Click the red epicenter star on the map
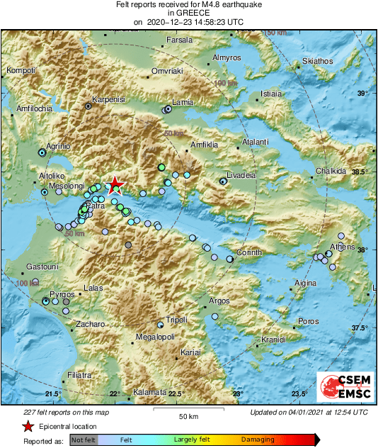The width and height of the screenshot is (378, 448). (114, 185)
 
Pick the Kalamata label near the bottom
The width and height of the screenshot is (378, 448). (149, 392)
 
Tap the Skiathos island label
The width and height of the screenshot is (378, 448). (316, 61)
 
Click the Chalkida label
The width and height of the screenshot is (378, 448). (331, 171)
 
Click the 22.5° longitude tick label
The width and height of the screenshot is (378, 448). (176, 394)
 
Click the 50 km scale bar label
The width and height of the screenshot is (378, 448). (188, 415)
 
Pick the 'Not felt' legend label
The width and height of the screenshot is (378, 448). (84, 440)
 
